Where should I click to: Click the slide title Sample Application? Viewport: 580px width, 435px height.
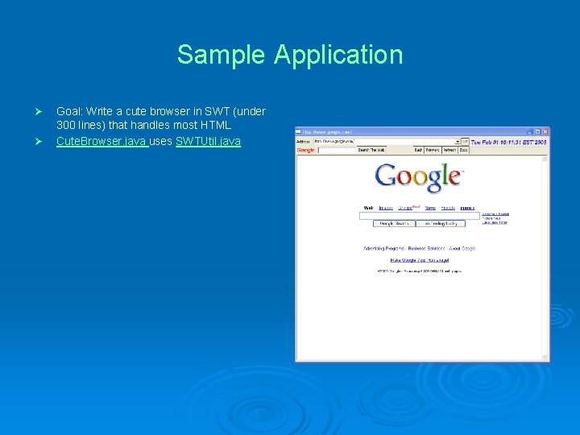pos(290,55)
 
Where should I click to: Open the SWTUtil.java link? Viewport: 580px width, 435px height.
pos(208,142)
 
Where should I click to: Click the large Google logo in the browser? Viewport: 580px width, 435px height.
pos(419,177)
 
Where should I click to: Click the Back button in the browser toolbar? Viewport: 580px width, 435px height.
pos(418,150)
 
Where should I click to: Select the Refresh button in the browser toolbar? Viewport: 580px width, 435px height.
pos(449,150)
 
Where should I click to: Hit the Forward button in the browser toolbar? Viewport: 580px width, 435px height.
pos(433,150)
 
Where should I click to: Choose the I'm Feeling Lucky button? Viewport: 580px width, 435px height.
pos(441,223)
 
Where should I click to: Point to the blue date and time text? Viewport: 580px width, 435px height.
pos(509,141)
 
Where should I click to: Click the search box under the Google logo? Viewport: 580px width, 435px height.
pos(419,216)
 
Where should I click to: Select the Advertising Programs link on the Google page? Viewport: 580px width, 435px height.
pos(383,249)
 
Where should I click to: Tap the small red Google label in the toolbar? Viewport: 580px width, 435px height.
pos(306,150)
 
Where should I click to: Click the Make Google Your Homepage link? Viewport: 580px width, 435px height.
pos(419,260)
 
